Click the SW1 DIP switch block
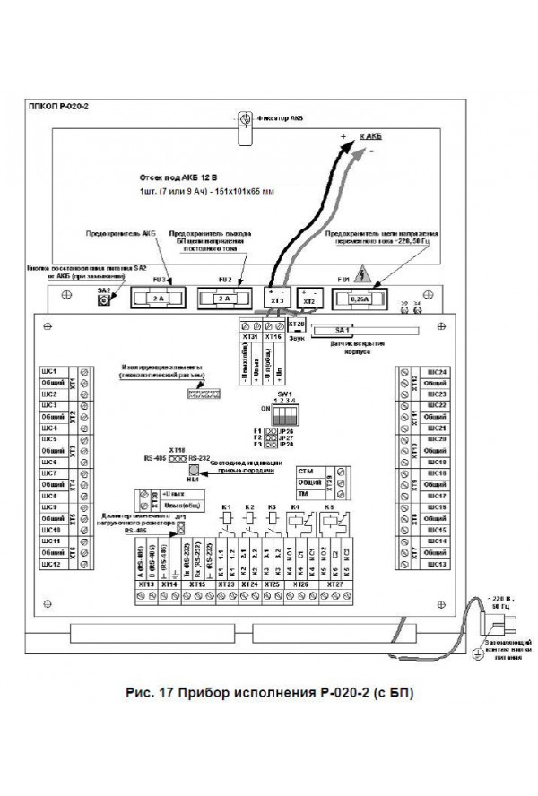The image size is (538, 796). (285, 417)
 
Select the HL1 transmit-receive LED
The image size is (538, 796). (192, 469)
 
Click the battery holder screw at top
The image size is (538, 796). (244, 119)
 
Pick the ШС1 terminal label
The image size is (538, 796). (50, 371)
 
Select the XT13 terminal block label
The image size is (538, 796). (144, 584)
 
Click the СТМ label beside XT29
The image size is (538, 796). (306, 471)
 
